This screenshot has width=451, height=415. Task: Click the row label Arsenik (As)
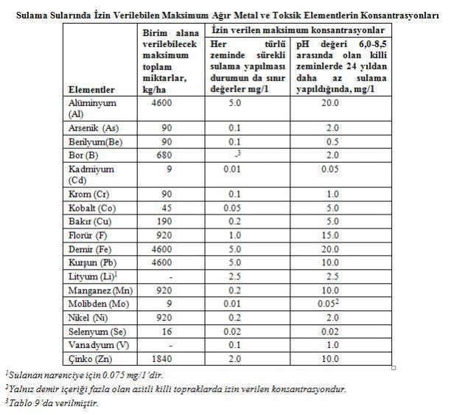click(x=94, y=128)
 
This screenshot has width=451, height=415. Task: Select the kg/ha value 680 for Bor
click(x=164, y=155)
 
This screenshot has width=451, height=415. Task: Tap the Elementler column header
click(x=91, y=90)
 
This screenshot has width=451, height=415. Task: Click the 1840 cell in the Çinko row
click(x=161, y=358)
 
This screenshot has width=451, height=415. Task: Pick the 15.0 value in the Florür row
click(x=330, y=235)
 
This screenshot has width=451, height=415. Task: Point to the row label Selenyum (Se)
click(x=97, y=332)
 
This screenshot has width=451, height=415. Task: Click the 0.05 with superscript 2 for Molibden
click(x=328, y=304)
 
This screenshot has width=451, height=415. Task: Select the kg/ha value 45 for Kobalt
click(x=167, y=208)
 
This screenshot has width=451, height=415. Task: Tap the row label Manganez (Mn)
click(x=100, y=290)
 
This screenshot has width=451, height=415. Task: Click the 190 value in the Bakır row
click(x=164, y=221)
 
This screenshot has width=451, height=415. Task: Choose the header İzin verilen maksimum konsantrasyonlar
click(x=298, y=30)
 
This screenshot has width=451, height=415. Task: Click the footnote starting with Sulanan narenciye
click(x=85, y=375)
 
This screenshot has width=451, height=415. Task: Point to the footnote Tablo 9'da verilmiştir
click(x=52, y=403)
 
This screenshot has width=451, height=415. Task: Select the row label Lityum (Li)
click(x=93, y=276)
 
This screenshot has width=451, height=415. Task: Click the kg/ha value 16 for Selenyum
click(x=167, y=332)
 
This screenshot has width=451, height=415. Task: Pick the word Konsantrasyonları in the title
click(x=400, y=15)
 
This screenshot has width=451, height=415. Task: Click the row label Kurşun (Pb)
click(x=92, y=262)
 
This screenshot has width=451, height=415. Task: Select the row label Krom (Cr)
click(x=89, y=195)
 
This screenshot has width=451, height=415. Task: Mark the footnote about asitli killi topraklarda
click(x=175, y=389)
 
